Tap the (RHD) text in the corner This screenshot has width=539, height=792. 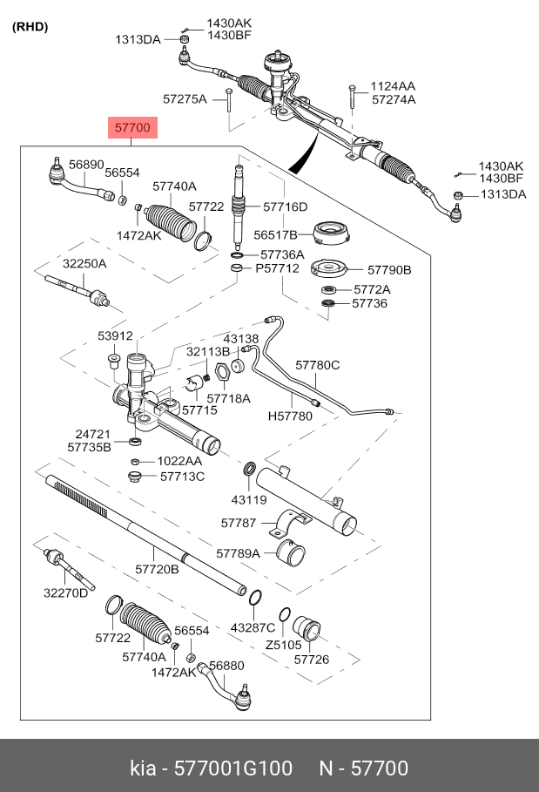[30, 26]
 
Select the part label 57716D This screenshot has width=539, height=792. [285, 206]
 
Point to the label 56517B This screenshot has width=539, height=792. [276, 234]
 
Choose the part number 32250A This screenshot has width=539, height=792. [84, 263]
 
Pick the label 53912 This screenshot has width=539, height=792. [115, 335]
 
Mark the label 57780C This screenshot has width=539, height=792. [317, 365]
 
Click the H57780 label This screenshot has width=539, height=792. [289, 416]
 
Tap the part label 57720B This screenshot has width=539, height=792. [157, 569]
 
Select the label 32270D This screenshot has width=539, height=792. [66, 593]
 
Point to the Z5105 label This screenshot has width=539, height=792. [283, 645]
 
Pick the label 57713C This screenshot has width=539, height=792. [182, 476]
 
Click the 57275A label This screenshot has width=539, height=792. [185, 98]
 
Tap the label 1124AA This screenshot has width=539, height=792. [393, 86]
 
